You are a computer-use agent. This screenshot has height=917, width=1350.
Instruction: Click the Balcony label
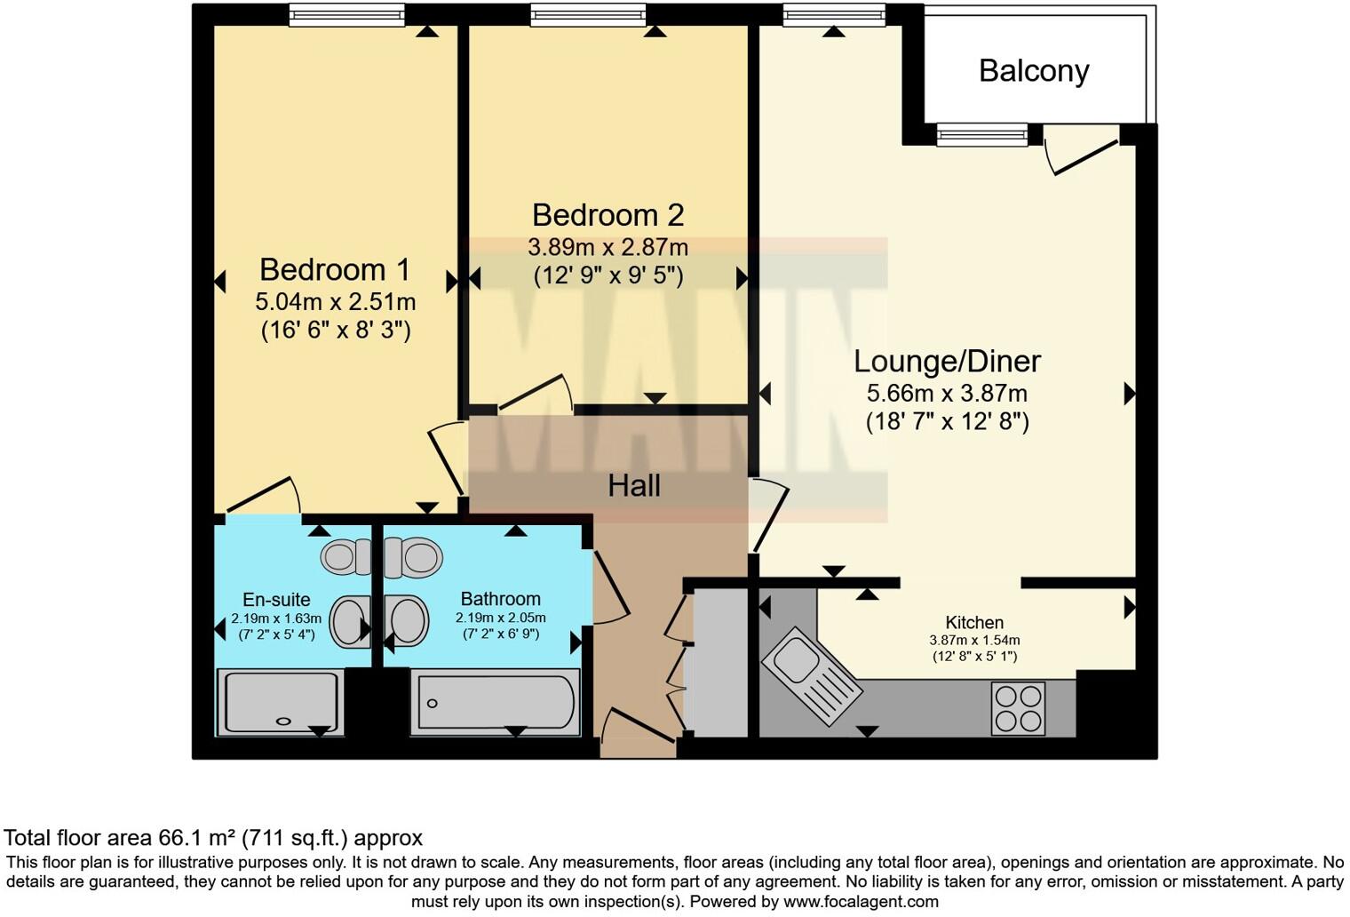(x=1034, y=71)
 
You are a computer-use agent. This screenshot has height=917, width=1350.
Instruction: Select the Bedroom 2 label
(x=607, y=215)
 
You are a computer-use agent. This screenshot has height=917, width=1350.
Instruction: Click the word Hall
(x=633, y=485)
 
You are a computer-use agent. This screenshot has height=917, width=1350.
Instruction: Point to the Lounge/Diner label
(x=947, y=361)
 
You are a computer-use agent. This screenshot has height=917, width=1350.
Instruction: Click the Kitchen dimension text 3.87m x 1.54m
(x=974, y=640)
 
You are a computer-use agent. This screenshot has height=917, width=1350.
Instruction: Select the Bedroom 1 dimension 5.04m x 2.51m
(x=335, y=301)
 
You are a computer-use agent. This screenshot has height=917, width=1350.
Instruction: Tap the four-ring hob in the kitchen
(x=1019, y=707)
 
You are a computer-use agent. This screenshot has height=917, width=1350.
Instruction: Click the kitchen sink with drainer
(x=811, y=675)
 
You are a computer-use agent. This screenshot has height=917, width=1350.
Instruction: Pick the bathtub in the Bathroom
(x=495, y=702)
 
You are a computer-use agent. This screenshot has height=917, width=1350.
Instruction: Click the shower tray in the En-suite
(x=280, y=702)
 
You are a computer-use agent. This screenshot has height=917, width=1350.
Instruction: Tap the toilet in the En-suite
(x=345, y=557)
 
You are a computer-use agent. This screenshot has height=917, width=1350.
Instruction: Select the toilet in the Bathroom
(x=414, y=557)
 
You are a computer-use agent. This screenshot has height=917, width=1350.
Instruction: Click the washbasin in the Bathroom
(x=408, y=619)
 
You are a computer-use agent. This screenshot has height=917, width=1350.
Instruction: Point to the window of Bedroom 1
(x=346, y=14)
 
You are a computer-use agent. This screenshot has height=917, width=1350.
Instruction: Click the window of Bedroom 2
(x=587, y=14)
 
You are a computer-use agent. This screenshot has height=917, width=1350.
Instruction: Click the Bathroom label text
(x=500, y=599)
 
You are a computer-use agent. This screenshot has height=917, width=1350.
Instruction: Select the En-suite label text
(x=276, y=600)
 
